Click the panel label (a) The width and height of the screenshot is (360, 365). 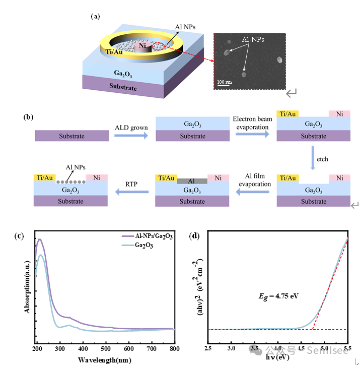coord(95,16)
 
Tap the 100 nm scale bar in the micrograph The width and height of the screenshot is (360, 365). coord(225,82)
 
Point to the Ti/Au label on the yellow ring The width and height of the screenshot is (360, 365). coord(114,51)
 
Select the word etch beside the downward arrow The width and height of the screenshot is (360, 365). coord(322,159)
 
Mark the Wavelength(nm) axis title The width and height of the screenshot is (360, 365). coord(105,360)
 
